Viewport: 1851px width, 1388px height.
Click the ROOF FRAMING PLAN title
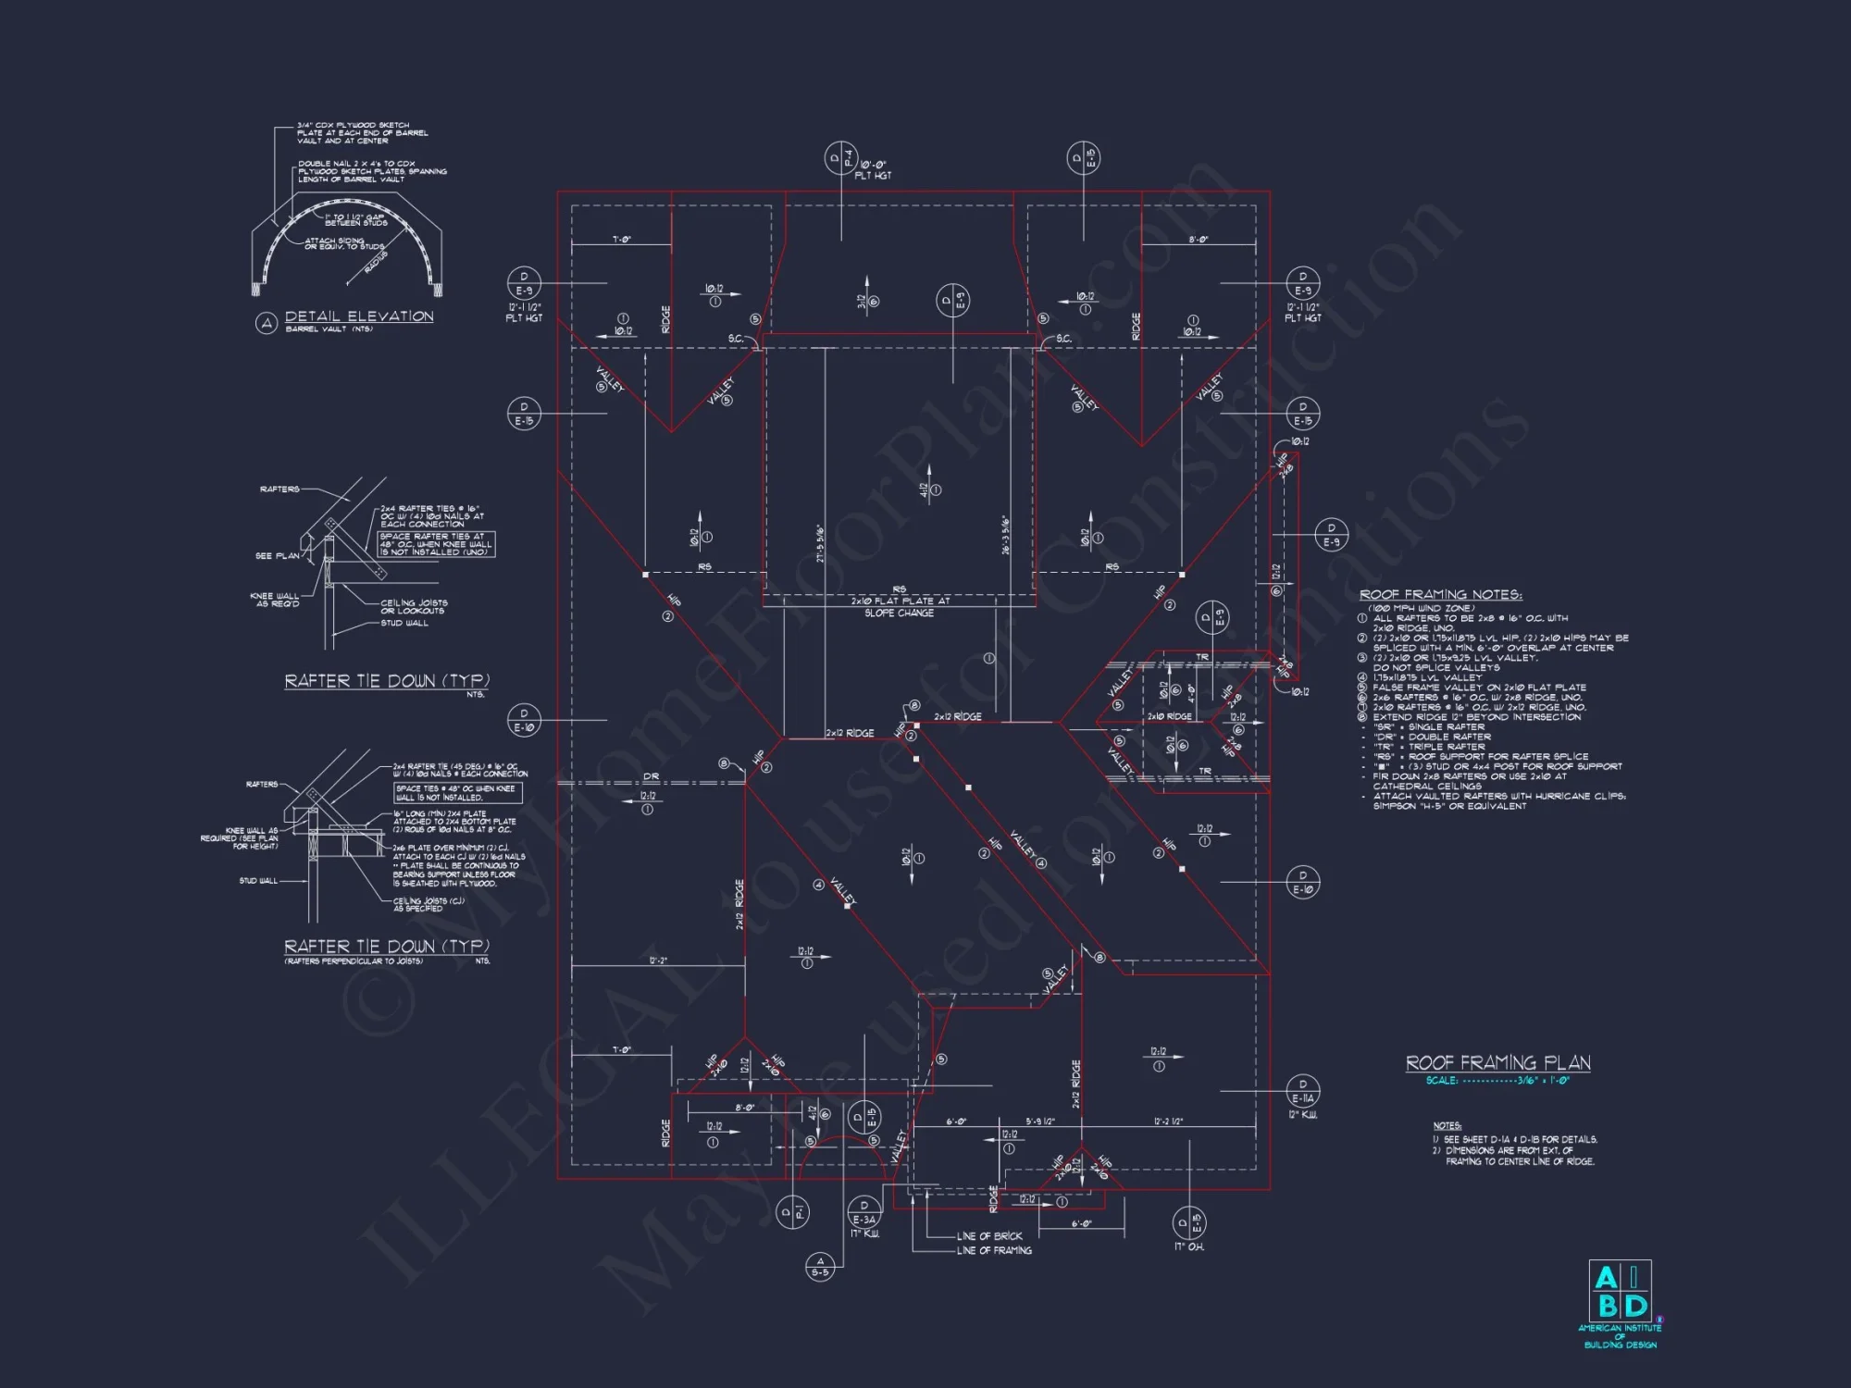(1497, 1063)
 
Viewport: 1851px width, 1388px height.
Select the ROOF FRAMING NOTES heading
(1440, 595)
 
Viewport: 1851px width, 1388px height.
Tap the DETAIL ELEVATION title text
(359, 316)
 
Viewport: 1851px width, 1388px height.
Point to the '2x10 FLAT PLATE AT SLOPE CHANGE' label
(900, 607)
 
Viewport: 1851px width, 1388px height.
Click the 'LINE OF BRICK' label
(989, 1236)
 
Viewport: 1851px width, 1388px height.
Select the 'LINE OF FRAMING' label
(994, 1251)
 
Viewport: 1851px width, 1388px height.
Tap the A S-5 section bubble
(820, 1267)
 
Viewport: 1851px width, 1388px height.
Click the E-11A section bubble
(1302, 1091)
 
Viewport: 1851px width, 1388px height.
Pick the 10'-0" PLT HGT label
(873, 170)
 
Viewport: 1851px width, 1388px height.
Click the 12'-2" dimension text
(658, 961)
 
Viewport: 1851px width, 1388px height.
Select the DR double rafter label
(651, 776)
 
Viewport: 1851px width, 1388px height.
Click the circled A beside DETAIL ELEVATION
(267, 323)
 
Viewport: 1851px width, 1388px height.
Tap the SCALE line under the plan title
(1497, 1081)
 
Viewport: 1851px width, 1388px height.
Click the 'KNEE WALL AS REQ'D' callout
(275, 600)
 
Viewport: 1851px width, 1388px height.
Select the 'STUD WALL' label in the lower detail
(258, 881)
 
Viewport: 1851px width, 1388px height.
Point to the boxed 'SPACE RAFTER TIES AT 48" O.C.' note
(437, 544)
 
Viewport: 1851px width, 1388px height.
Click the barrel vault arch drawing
(347, 245)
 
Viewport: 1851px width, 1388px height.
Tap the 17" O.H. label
(1188, 1246)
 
